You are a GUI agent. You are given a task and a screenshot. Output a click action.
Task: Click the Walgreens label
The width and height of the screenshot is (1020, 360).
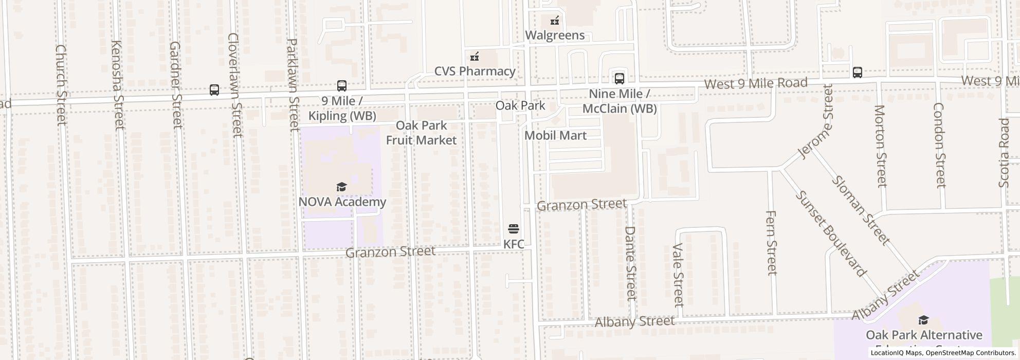555,35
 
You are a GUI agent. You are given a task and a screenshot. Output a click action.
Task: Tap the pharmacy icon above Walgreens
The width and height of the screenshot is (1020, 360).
555,21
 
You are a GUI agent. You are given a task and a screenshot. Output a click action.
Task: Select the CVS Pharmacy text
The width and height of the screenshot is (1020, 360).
475,71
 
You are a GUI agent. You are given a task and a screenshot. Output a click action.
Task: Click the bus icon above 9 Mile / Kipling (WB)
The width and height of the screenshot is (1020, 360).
342,86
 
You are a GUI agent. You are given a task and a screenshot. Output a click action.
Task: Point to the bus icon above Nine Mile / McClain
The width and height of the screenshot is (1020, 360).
620,79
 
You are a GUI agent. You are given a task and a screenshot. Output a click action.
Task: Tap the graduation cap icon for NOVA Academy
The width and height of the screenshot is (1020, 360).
342,187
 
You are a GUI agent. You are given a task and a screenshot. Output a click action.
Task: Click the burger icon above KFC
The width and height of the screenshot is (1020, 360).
513,228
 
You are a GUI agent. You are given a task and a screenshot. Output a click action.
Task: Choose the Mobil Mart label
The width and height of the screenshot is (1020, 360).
555,135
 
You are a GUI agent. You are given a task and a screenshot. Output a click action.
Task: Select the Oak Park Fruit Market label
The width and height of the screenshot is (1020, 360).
421,133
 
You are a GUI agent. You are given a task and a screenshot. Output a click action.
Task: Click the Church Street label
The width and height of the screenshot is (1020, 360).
61,84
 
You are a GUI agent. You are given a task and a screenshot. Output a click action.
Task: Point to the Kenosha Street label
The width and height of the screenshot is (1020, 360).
118,84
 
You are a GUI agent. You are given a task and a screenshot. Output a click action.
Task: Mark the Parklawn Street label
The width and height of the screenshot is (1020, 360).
292,84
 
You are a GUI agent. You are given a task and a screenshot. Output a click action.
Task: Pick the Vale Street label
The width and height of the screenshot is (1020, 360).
679,274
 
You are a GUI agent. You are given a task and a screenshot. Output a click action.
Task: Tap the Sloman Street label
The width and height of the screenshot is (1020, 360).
860,210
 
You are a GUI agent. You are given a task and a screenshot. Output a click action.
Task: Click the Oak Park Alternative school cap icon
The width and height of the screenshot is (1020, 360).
924,320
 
